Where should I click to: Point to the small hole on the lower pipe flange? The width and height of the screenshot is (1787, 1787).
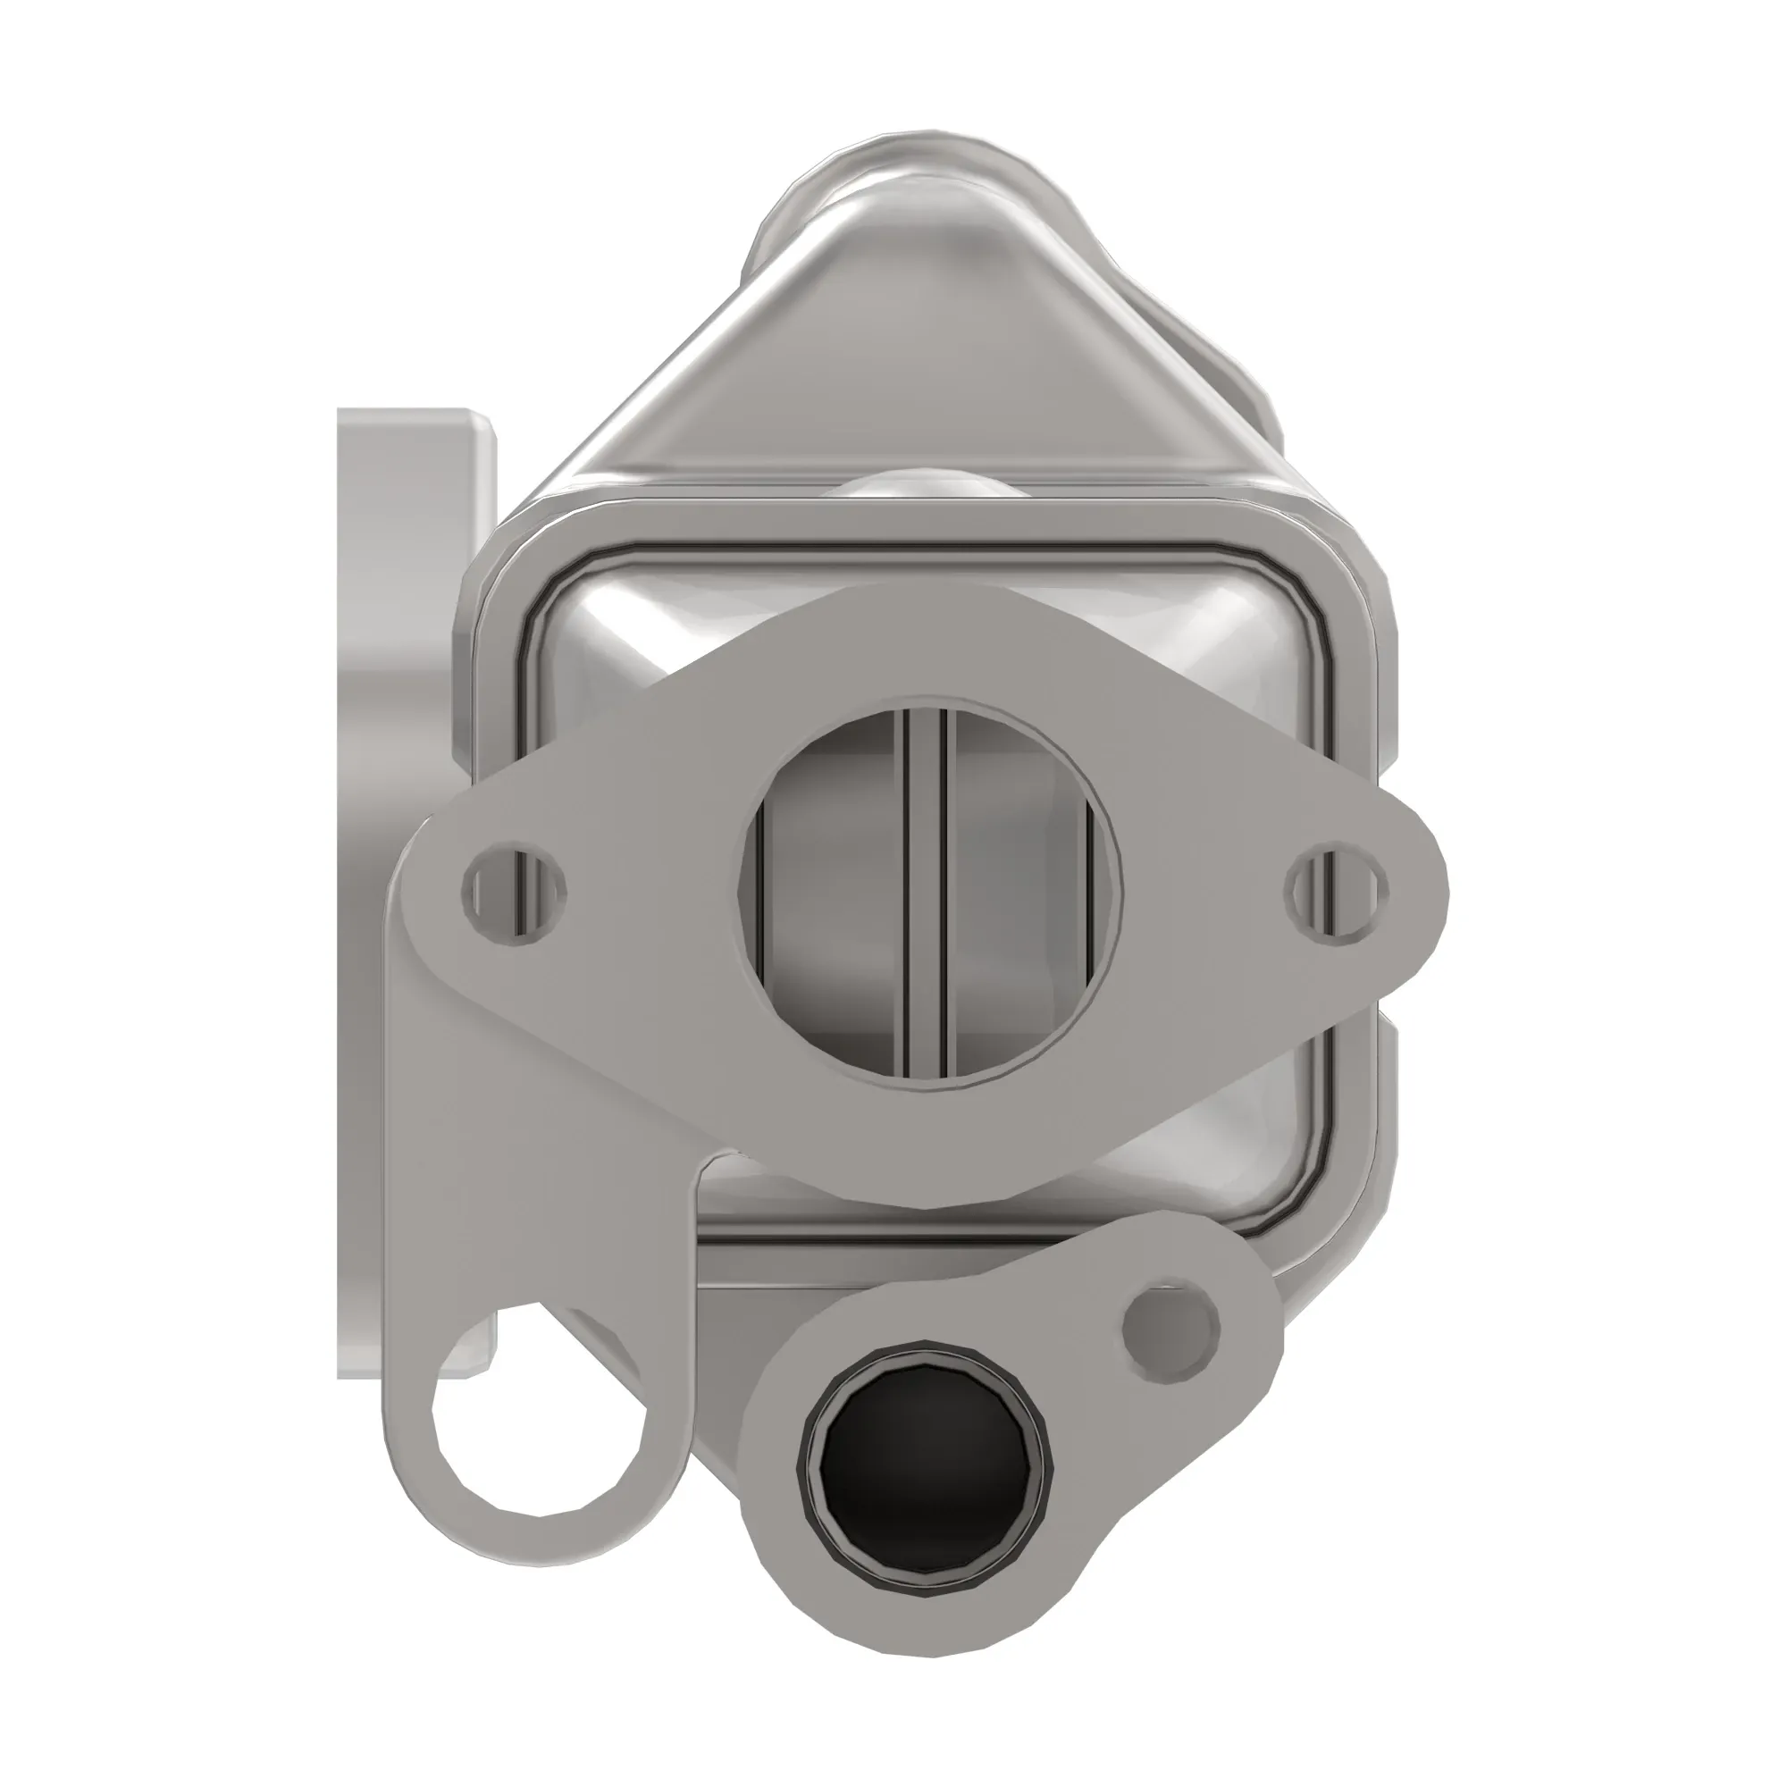[1170, 1330]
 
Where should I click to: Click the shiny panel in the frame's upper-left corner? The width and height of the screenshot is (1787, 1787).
[629, 648]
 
